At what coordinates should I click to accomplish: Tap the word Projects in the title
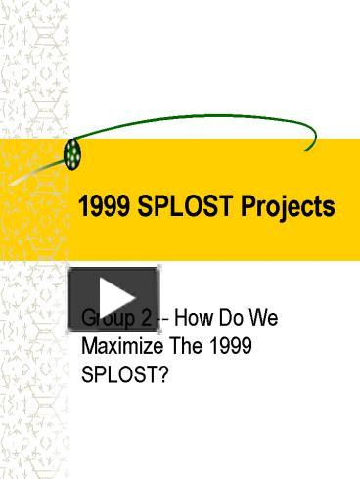click(x=285, y=208)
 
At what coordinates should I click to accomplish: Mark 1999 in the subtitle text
click(x=231, y=345)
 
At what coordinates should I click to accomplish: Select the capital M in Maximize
click(x=88, y=345)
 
